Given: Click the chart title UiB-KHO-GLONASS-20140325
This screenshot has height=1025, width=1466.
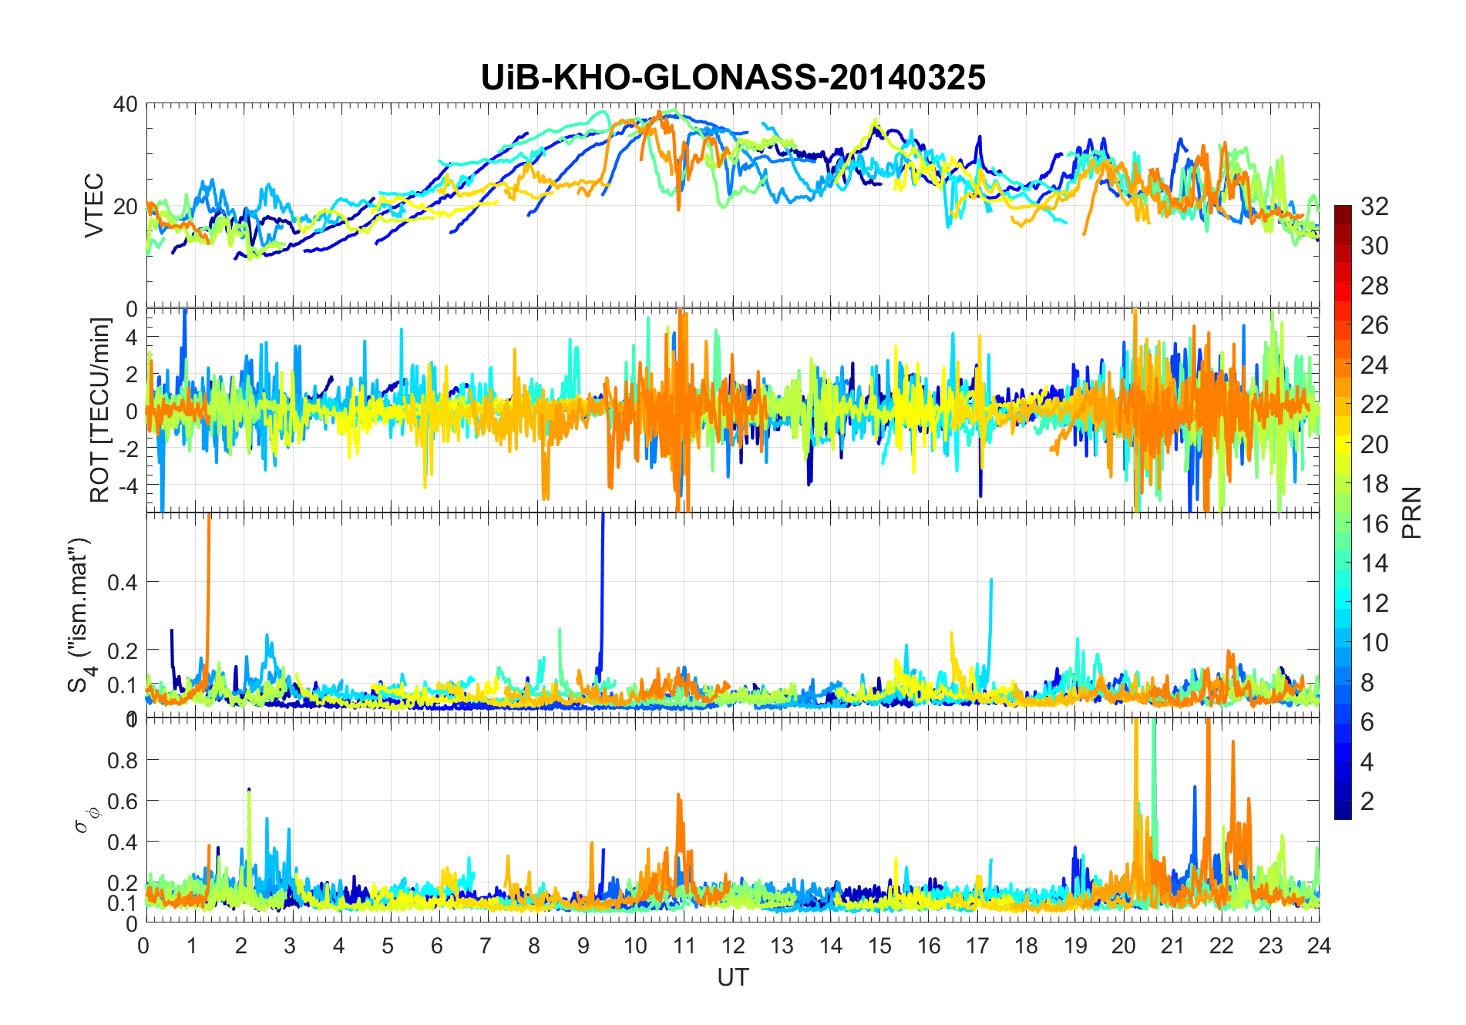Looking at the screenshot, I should coord(732,78).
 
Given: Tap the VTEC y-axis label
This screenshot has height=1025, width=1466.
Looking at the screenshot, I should coord(94,206).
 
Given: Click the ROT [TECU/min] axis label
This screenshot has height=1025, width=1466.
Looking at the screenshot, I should coord(100,410).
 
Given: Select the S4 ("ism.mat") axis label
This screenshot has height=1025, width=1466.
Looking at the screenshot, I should coord(80,614).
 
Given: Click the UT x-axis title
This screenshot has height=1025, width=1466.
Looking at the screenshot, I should coord(732,978).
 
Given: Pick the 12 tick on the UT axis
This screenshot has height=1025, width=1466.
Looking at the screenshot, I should coord(732,946).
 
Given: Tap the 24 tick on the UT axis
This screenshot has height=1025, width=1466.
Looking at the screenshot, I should coord(1319,946).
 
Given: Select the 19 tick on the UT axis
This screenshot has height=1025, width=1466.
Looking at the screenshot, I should coord(1074,946).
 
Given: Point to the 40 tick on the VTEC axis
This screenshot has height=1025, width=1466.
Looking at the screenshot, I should coord(126,105).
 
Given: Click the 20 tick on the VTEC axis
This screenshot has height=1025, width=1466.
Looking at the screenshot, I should coord(126,207).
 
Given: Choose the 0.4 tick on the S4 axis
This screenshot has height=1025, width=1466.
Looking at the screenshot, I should coord(122,583).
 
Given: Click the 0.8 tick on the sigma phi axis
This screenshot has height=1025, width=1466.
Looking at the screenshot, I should coord(122,761).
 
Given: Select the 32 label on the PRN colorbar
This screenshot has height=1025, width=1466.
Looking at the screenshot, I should coord(1375,207).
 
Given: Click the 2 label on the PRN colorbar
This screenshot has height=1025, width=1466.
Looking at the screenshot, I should coord(1367,802).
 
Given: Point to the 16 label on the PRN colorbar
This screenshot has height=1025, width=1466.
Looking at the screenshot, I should coord(1375,524).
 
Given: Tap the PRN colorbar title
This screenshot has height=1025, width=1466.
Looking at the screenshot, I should coord(1413,512).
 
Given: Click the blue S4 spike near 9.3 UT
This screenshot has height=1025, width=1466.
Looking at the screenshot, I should coord(602,586).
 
